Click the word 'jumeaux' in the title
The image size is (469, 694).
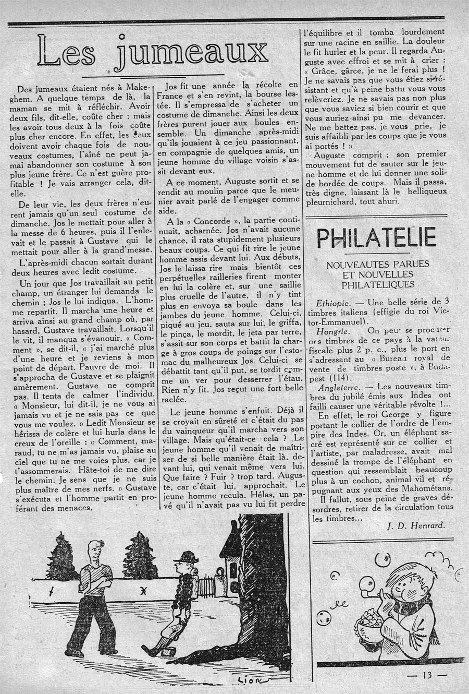point(193,52)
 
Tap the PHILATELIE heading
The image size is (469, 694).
point(376,238)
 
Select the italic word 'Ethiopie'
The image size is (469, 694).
point(335,302)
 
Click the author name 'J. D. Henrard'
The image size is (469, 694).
point(417,525)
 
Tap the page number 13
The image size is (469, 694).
point(428,675)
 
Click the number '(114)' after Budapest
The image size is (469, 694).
point(339,378)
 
